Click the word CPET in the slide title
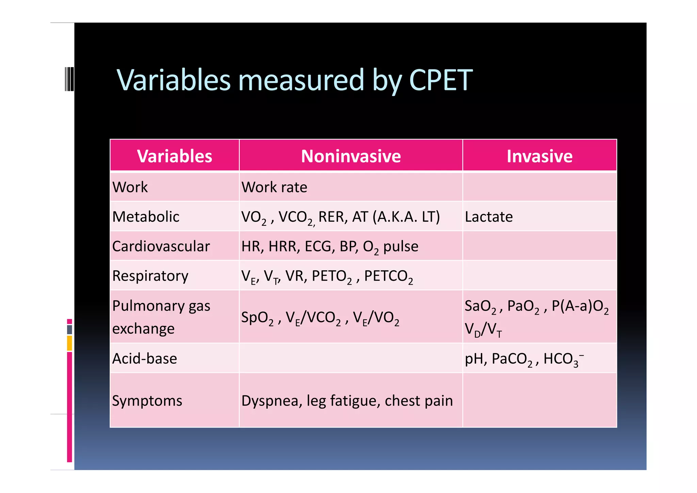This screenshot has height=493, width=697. [x=440, y=80]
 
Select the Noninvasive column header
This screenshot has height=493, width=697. [x=351, y=156]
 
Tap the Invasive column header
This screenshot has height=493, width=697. [x=539, y=156]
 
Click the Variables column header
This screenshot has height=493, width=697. [x=175, y=156]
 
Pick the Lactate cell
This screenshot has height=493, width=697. [x=489, y=217]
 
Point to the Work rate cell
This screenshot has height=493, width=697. [x=274, y=187]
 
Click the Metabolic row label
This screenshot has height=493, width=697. [x=146, y=217]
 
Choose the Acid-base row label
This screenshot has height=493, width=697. [x=145, y=359]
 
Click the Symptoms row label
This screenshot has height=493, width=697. [x=147, y=401]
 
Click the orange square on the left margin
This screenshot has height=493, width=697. [x=69, y=343]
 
